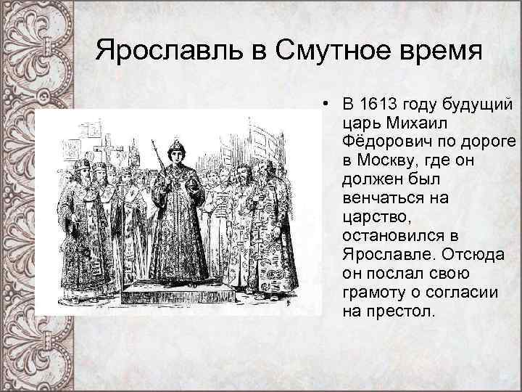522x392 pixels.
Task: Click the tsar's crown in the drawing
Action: (x=175, y=147)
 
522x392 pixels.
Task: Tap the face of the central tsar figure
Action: (x=175, y=158)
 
